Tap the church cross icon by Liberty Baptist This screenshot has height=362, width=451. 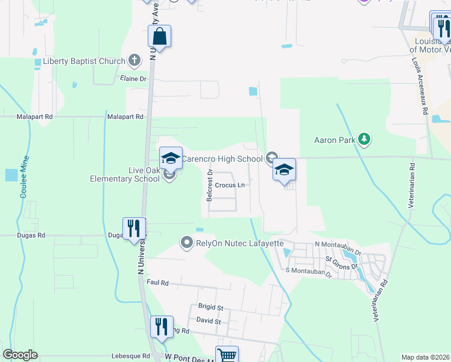click(135, 61)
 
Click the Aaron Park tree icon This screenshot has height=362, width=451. click(364, 140)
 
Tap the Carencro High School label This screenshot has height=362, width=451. click(222, 159)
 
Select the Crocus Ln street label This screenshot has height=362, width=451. click(230, 185)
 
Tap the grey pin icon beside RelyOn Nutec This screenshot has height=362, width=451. click(186, 243)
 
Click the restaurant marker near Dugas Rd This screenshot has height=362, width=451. click(134, 229)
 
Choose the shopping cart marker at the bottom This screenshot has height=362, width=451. click(227, 355)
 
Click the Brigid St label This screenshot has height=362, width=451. click(210, 307)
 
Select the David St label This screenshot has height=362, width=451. click(209, 322)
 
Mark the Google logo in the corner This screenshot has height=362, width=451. click(20, 355)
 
